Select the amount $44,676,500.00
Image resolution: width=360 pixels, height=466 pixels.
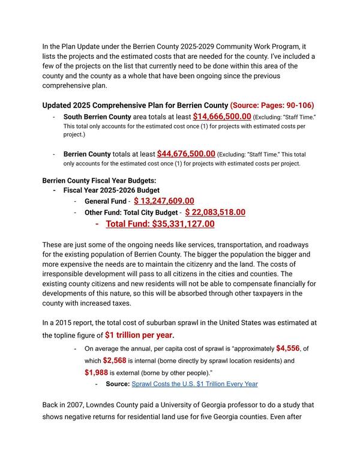186,154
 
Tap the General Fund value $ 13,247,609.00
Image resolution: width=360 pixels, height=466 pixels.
164,201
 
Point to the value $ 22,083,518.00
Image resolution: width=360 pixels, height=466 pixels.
215,213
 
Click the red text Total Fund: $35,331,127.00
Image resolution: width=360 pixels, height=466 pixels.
160,225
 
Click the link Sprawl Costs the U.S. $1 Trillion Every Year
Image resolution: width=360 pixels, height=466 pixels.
194,384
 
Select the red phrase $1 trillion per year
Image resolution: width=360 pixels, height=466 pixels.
140,335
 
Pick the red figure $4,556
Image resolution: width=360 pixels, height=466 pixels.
289,348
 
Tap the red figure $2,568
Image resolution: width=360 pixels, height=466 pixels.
114,360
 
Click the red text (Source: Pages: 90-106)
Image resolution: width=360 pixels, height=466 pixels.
272,105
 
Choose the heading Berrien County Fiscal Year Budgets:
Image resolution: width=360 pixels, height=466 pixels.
99,181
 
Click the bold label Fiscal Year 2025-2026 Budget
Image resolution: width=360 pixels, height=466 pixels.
112,190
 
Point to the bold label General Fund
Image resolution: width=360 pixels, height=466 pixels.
105,202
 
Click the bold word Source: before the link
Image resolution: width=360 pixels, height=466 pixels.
117,384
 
